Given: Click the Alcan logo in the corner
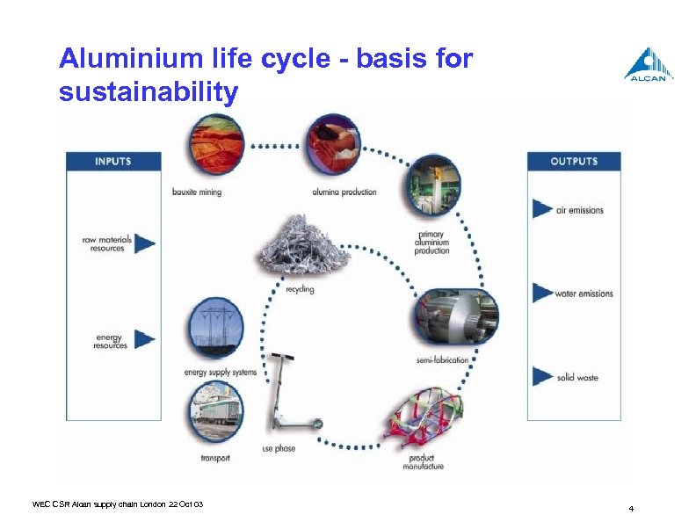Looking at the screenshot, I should point(649,64).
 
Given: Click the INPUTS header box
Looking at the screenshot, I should point(112,162).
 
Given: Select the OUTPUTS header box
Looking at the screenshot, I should point(574,162).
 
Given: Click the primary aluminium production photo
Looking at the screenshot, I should point(431,187).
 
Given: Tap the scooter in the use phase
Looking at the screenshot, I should point(290,395).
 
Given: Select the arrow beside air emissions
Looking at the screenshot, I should point(542,210).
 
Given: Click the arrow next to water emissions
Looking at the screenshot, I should point(542,293).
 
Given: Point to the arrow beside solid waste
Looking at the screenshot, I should point(542,376).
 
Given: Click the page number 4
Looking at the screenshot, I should point(631,509).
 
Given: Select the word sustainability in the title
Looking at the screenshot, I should point(148,91).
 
